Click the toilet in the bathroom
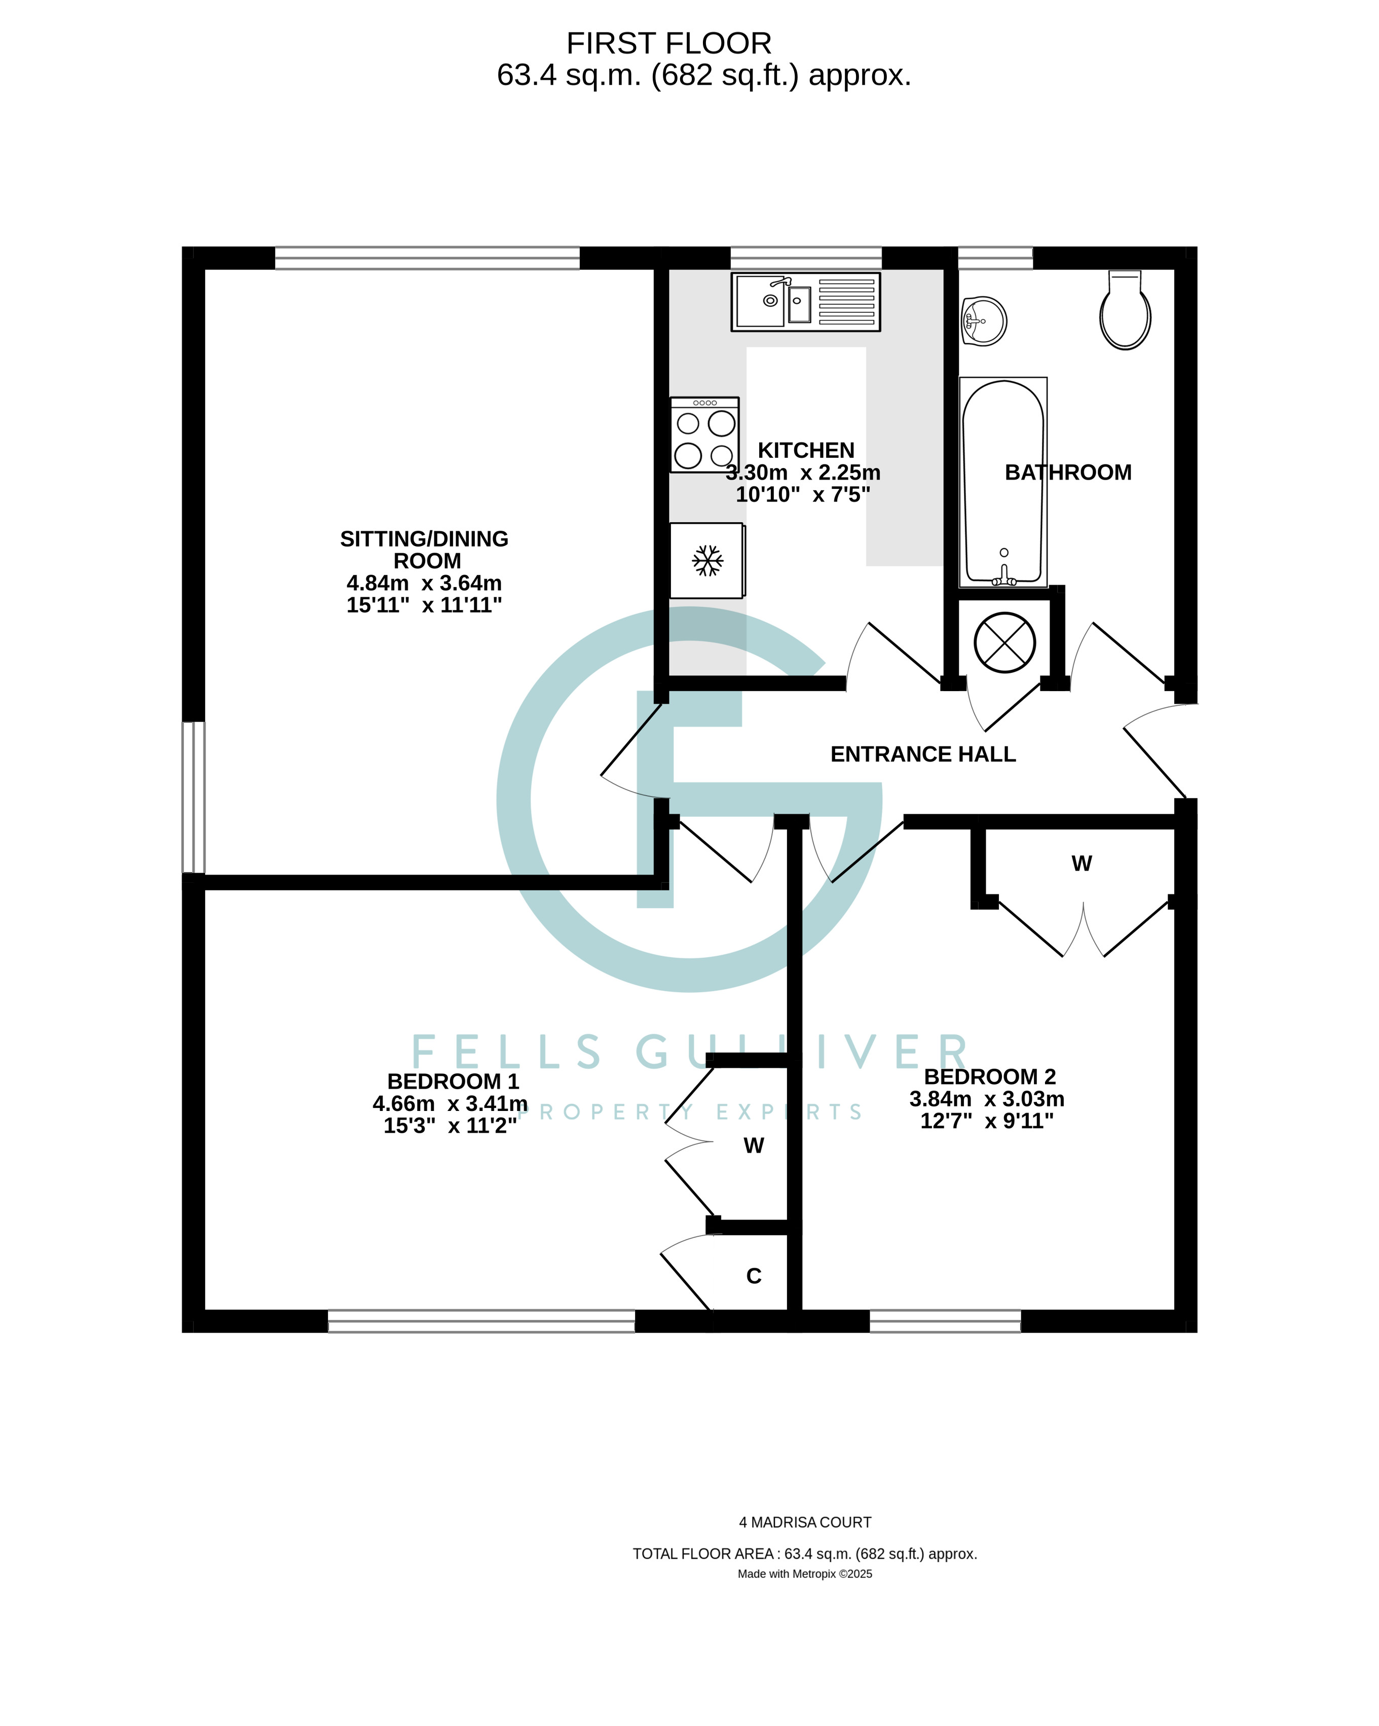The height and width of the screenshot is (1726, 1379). pyautogui.click(x=1125, y=311)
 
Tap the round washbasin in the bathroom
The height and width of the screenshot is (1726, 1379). pyautogui.click(x=984, y=321)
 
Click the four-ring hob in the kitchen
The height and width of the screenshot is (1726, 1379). pyautogui.click(x=704, y=435)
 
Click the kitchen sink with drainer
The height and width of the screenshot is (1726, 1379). pyautogui.click(x=805, y=302)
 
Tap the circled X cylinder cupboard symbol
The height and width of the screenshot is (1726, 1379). pyautogui.click(x=1004, y=642)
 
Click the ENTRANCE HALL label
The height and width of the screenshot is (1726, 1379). pyautogui.click(x=923, y=754)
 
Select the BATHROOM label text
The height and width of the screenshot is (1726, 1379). pyautogui.click(x=1068, y=473)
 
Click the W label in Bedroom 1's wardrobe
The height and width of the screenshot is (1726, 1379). pyautogui.click(x=753, y=1145)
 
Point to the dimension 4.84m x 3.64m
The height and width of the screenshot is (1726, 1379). pyautogui.click(x=424, y=583)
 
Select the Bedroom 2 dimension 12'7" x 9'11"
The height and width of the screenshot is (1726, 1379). pyautogui.click(x=987, y=1121)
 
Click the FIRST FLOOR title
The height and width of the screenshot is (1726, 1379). pyautogui.click(x=668, y=43)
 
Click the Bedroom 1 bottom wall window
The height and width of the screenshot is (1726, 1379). pyautogui.click(x=481, y=1321)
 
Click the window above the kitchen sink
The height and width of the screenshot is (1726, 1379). pyautogui.click(x=805, y=258)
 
